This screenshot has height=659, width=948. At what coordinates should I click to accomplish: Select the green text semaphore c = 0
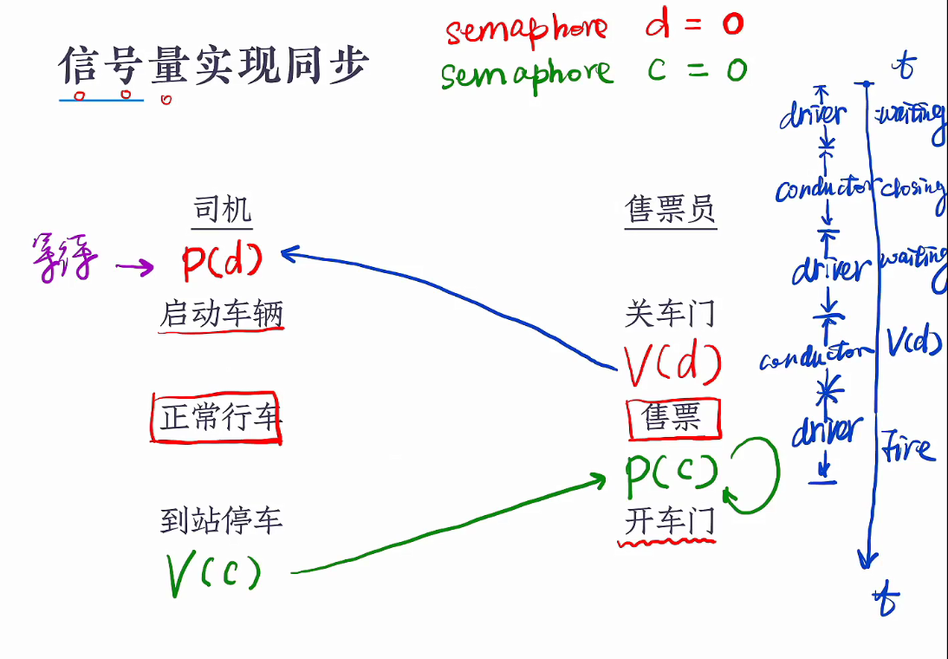click(x=593, y=71)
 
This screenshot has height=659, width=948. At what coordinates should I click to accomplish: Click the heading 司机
click(x=222, y=210)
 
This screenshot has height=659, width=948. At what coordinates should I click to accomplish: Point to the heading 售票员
click(x=671, y=209)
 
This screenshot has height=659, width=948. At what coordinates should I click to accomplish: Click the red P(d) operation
click(x=222, y=259)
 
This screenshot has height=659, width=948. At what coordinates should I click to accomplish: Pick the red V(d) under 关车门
click(x=672, y=365)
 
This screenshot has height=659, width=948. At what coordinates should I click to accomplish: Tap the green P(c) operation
click(x=672, y=471)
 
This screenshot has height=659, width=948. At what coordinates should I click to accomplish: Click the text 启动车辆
click(x=222, y=313)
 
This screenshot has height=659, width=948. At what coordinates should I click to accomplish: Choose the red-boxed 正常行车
click(x=217, y=419)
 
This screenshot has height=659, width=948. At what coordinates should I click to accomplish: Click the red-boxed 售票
click(x=673, y=419)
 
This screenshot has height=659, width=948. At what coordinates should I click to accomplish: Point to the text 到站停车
click(x=222, y=520)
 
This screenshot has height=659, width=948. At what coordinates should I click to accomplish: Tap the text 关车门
click(x=671, y=313)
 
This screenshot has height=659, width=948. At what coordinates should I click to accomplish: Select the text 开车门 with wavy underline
click(x=669, y=522)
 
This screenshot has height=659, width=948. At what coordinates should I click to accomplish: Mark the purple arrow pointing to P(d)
click(x=134, y=267)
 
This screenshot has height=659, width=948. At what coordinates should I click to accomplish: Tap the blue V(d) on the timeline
click(x=913, y=344)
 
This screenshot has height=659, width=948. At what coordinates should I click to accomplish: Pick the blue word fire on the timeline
click(x=908, y=448)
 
